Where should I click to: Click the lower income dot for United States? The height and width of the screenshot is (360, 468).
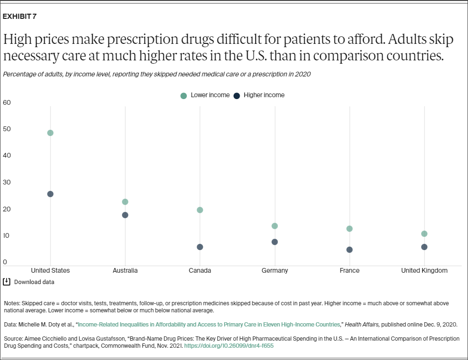(x=50, y=133)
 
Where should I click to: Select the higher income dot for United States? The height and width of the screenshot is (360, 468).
(x=50, y=194)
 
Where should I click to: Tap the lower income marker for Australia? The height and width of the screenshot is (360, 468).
(x=125, y=202)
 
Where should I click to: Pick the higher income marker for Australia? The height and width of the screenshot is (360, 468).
(x=125, y=215)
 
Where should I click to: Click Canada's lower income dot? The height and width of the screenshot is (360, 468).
(x=200, y=210)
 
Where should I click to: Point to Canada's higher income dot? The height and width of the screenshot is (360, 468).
(x=200, y=247)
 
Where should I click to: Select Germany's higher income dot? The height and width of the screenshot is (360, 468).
(x=275, y=242)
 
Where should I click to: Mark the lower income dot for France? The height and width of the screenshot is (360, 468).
(x=350, y=229)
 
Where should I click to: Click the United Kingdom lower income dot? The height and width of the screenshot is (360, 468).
(x=424, y=234)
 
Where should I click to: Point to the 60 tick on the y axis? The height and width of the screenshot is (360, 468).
(x=7, y=102)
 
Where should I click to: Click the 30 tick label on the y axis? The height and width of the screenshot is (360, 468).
(x=7, y=182)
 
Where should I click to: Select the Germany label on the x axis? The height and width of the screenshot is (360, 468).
(x=275, y=270)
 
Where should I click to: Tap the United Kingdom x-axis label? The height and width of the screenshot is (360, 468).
(x=424, y=270)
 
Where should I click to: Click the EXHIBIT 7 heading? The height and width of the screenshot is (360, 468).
(x=20, y=17)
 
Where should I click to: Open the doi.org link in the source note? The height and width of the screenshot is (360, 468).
(x=228, y=346)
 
